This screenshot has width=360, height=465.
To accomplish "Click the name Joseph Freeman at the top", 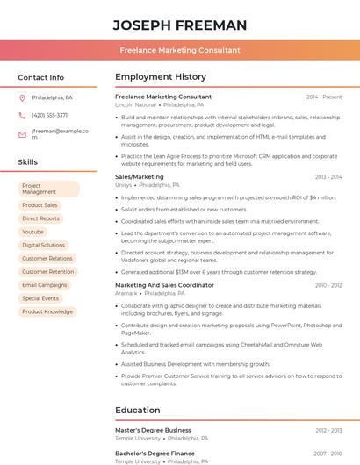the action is (x=179, y=25).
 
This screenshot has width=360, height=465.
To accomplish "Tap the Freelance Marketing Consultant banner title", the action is (x=179, y=50).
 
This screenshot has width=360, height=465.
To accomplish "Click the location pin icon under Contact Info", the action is (x=22, y=97).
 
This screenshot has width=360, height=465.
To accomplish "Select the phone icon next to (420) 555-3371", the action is (x=22, y=115).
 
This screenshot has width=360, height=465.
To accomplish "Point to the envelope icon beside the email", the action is (x=22, y=134).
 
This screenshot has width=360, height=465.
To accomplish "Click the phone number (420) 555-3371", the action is (x=49, y=115).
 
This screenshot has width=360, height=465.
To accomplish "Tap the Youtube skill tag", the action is (x=32, y=232).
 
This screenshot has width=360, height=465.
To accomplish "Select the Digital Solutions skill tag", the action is (x=43, y=245).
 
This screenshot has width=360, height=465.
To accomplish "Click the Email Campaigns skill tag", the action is (x=44, y=285).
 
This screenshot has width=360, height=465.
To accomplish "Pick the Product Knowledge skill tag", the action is (x=47, y=311).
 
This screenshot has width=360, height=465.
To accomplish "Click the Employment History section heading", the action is (x=161, y=77).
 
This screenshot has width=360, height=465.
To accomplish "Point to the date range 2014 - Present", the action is (x=324, y=97).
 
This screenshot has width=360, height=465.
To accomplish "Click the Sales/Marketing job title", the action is (x=139, y=177).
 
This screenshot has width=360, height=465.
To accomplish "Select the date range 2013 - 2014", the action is (x=328, y=177).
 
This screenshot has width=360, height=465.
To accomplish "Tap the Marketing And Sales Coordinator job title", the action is (x=164, y=285).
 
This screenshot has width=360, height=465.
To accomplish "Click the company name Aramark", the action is (x=126, y=293).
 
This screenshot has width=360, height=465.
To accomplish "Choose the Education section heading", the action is (x=138, y=410).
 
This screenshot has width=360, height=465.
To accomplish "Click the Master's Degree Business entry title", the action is (x=153, y=430).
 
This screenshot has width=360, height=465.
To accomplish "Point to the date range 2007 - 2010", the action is (x=328, y=454).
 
